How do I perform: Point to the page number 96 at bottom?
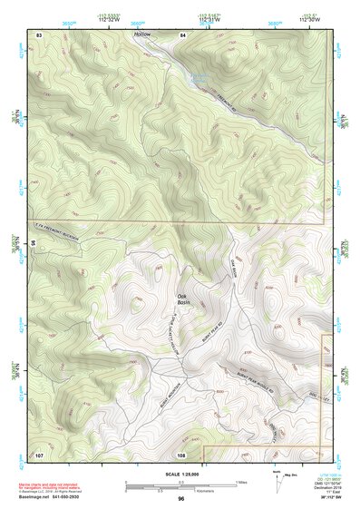(181, 499)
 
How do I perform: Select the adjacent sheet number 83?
(39, 34)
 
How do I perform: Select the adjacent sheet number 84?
(182, 34)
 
